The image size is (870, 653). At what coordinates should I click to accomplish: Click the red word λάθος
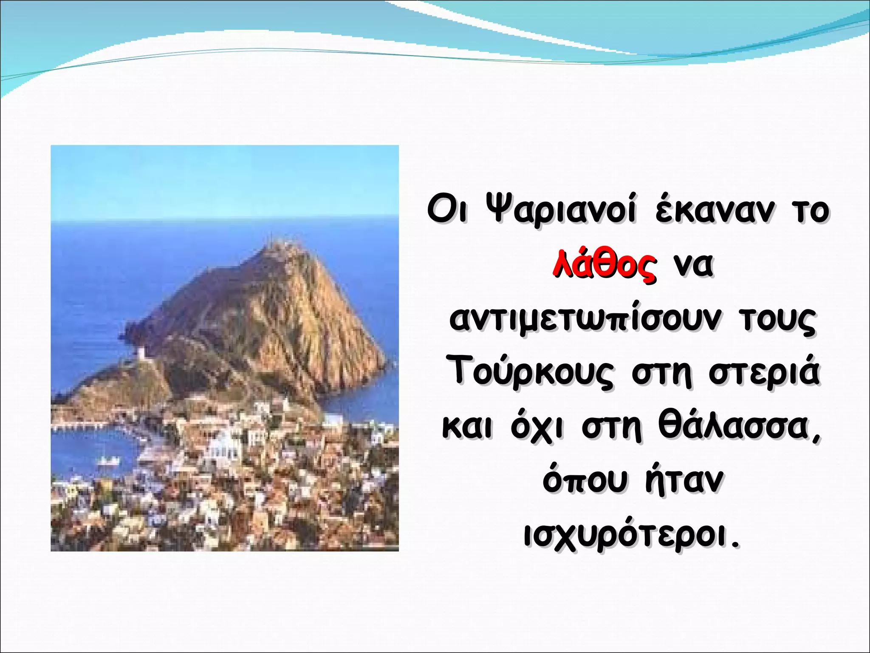pyautogui.click(x=604, y=266)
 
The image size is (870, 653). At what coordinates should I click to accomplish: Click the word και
pyautogui.click(x=468, y=427)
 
